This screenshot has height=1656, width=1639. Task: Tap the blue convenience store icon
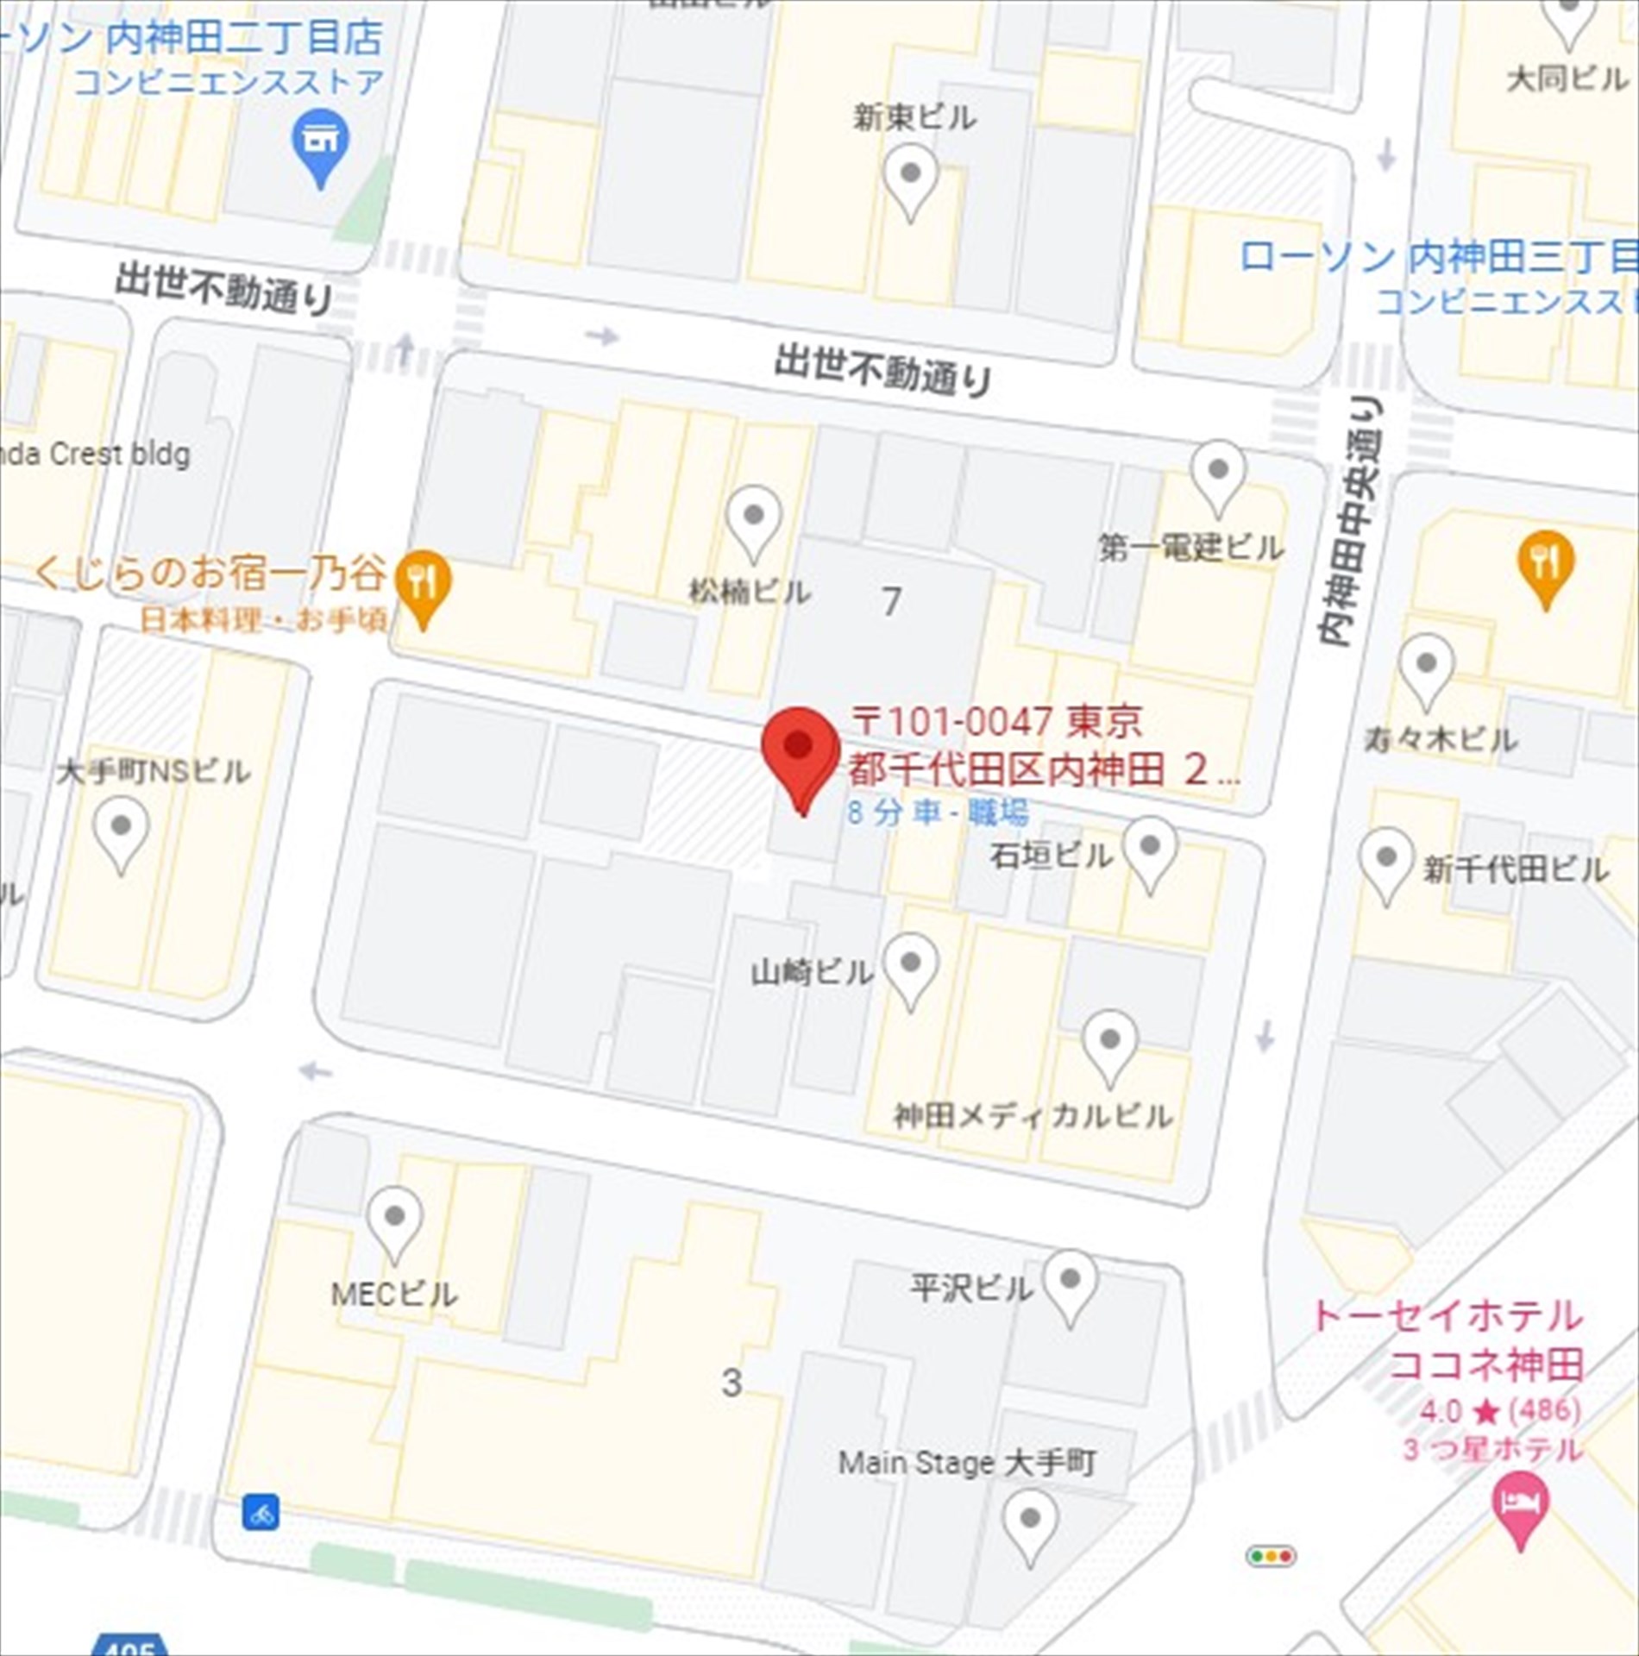click(320, 143)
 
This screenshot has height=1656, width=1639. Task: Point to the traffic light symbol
click(1270, 1556)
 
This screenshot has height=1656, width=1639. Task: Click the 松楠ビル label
click(749, 592)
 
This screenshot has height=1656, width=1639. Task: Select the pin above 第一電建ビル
click(1217, 473)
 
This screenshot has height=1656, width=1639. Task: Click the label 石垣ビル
click(1051, 856)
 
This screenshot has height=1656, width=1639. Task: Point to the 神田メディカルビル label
click(1033, 1116)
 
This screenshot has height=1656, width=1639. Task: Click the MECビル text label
click(394, 1294)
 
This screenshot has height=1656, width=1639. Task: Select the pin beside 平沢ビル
click(1070, 1280)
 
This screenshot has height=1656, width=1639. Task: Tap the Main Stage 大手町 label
click(967, 1462)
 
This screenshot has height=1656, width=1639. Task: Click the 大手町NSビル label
click(154, 771)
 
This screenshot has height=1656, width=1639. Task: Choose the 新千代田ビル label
click(1515, 869)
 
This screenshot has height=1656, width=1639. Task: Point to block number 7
click(892, 601)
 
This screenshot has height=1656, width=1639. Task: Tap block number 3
click(732, 1383)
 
